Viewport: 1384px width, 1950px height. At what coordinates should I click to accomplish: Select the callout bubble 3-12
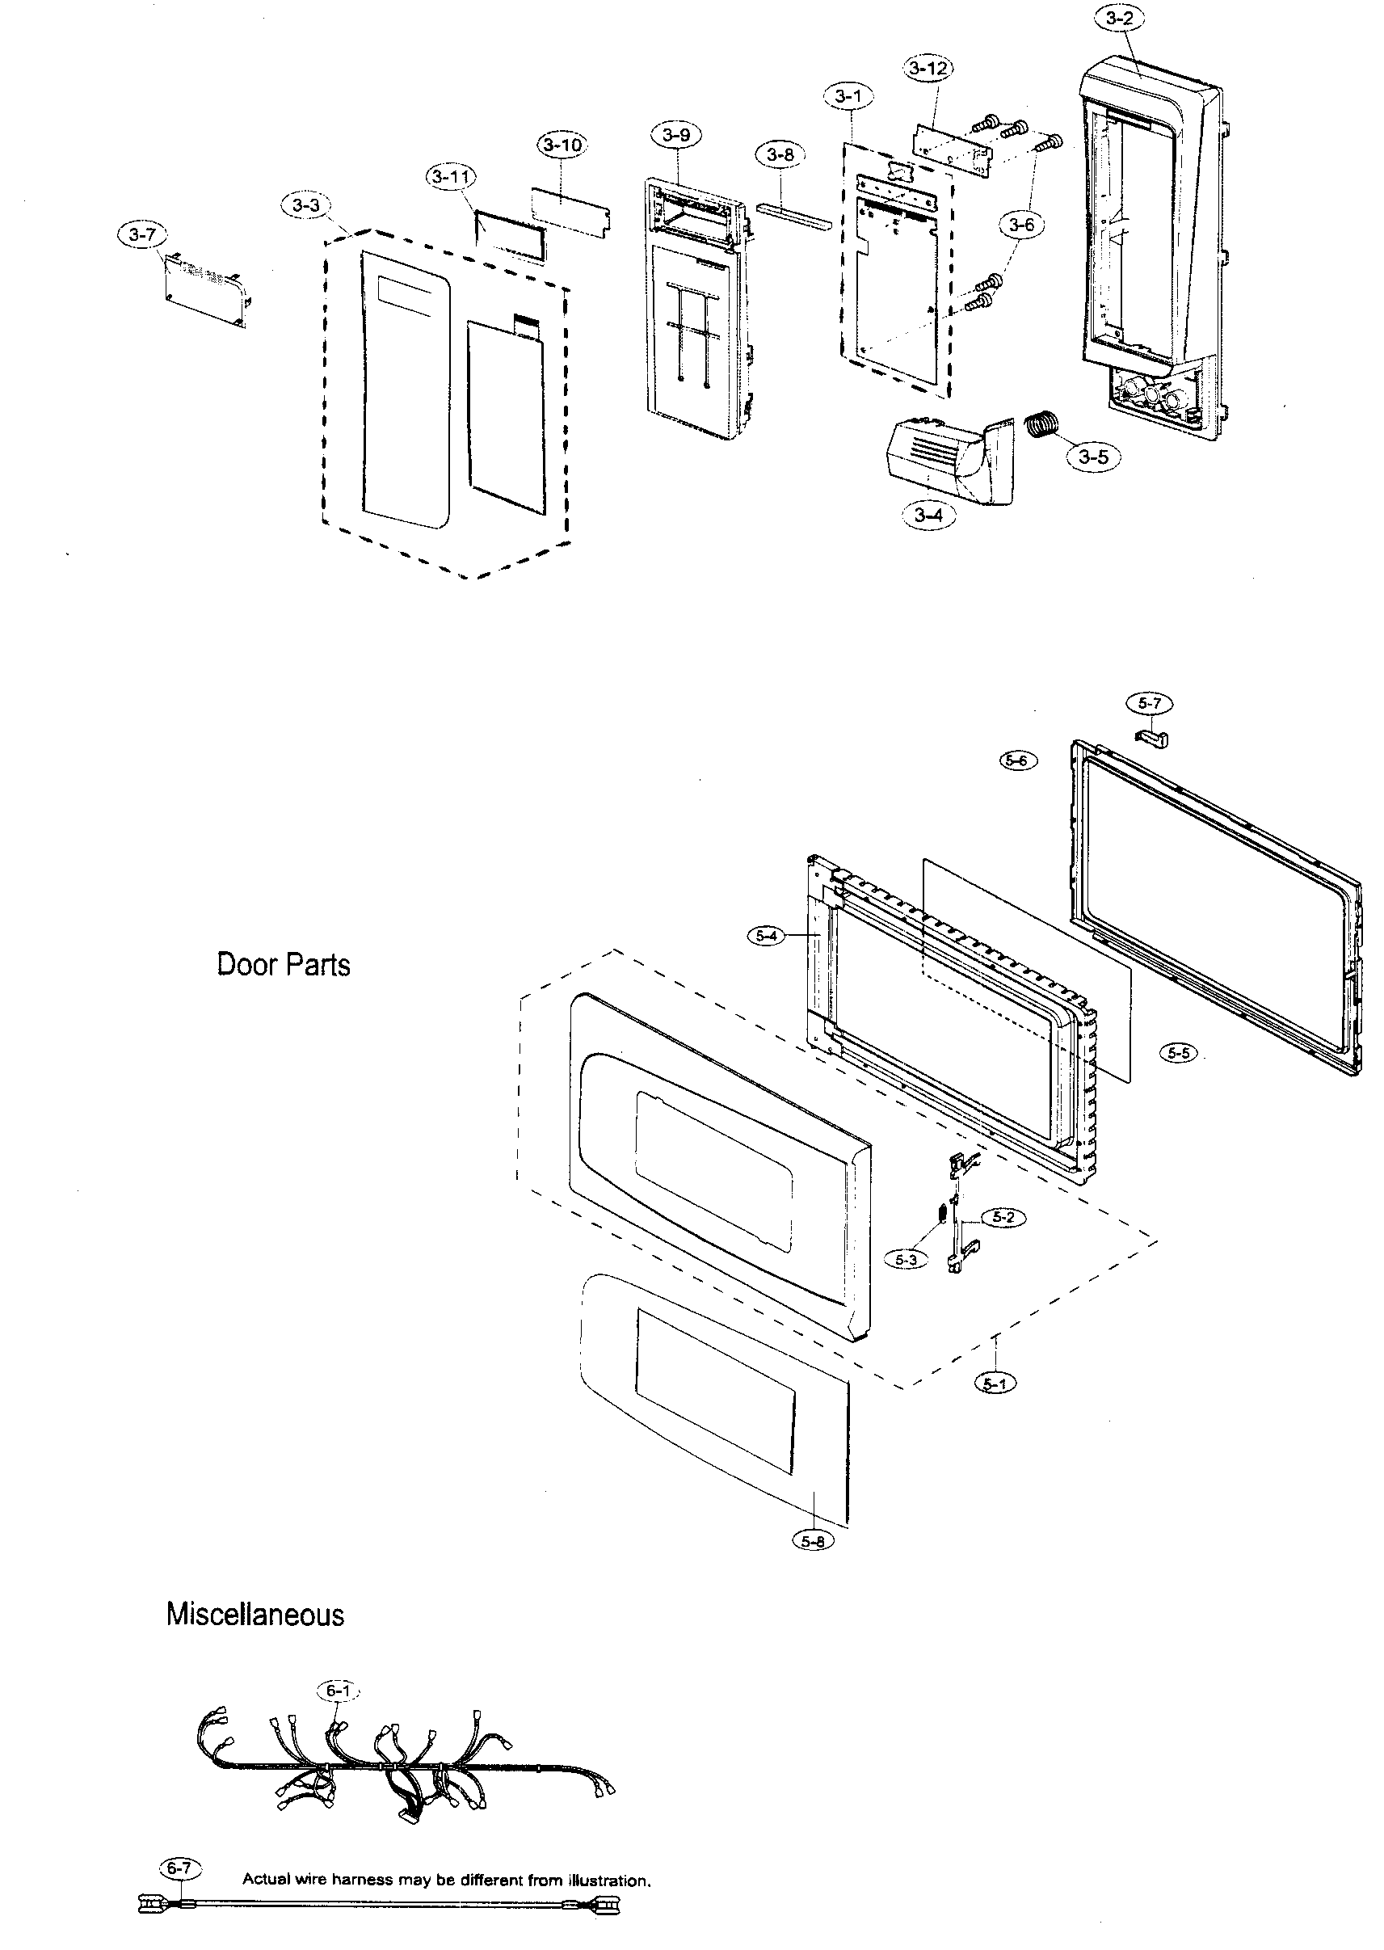[x=928, y=68]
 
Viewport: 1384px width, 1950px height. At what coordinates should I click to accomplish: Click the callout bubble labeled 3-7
[x=142, y=234]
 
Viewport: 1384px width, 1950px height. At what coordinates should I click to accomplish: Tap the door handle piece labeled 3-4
[x=946, y=461]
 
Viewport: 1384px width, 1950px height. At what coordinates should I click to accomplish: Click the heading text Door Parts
[x=284, y=965]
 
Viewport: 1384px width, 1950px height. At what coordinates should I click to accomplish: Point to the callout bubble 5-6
[x=1017, y=760]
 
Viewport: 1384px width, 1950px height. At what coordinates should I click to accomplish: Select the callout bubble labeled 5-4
[x=764, y=936]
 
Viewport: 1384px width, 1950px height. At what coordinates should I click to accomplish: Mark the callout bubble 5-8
[x=813, y=1541]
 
